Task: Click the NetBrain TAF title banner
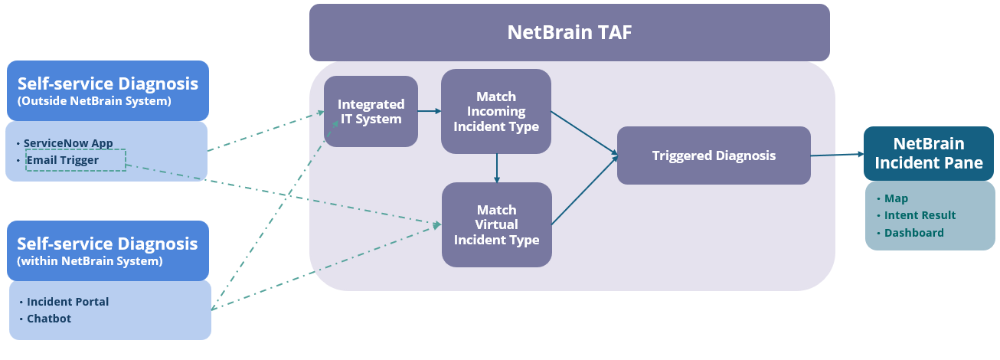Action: pyautogui.click(x=569, y=32)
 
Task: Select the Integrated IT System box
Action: pyautogui.click(x=371, y=111)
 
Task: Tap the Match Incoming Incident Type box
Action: pyautogui.click(x=496, y=111)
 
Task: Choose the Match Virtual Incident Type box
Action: pyautogui.click(x=496, y=224)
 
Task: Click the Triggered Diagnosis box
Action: pyautogui.click(x=713, y=155)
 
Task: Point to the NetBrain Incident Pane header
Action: pyautogui.click(x=930, y=153)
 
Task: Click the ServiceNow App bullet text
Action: pyautogui.click(x=68, y=143)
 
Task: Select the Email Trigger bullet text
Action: pyautogui.click(x=63, y=160)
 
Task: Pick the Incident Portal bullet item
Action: pyautogui.click(x=68, y=302)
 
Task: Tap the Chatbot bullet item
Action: pyautogui.click(x=49, y=319)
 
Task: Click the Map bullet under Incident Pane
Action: pyautogui.click(x=896, y=198)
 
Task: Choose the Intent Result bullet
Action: pyautogui.click(x=920, y=215)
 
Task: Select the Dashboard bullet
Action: pyautogui.click(x=913, y=233)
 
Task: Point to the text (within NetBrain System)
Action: pyautogui.click(x=90, y=262)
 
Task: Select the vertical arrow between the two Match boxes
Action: pyautogui.click(x=497, y=168)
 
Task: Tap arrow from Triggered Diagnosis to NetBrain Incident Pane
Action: pyautogui.click(x=836, y=155)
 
